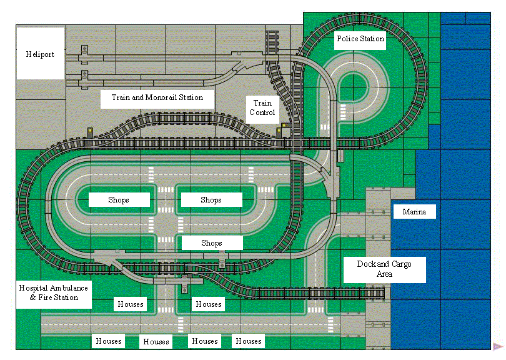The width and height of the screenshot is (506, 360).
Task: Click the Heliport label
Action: (40, 54)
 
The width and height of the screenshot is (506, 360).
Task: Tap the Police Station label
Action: (360, 39)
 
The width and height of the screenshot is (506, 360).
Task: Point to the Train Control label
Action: (262, 107)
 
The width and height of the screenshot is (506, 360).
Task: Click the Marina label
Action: (414, 212)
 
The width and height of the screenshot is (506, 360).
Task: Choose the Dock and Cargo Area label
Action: (384, 269)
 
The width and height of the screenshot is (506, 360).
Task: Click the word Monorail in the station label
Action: (164, 97)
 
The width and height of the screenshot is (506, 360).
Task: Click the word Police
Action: (347, 39)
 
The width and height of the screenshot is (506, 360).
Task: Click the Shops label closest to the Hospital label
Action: (119, 200)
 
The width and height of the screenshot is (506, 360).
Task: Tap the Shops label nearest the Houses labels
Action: (211, 243)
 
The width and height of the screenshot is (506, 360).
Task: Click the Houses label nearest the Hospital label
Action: (131, 304)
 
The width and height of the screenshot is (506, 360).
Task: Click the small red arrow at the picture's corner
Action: (497, 346)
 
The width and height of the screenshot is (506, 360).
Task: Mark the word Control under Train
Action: (262, 112)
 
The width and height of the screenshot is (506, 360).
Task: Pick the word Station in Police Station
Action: (372, 39)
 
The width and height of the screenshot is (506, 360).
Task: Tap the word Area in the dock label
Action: (384, 274)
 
